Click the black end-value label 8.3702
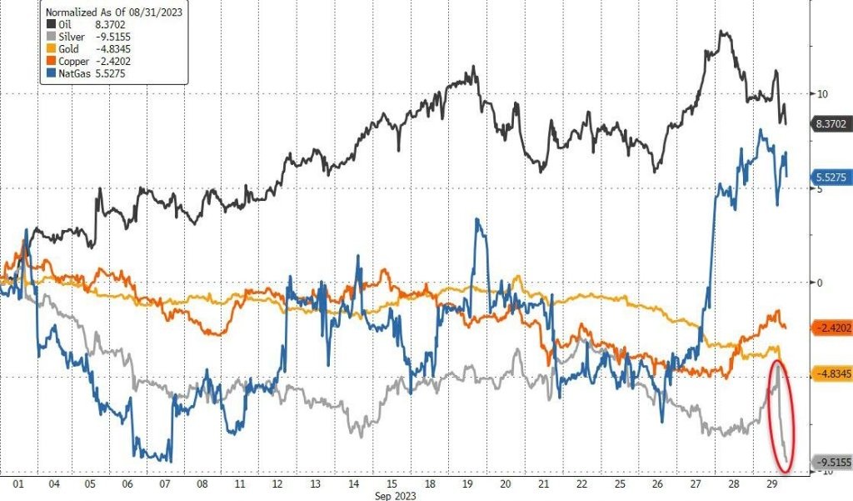point(828,123)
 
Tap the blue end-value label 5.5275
point(828,178)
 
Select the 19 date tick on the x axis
point(469,483)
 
